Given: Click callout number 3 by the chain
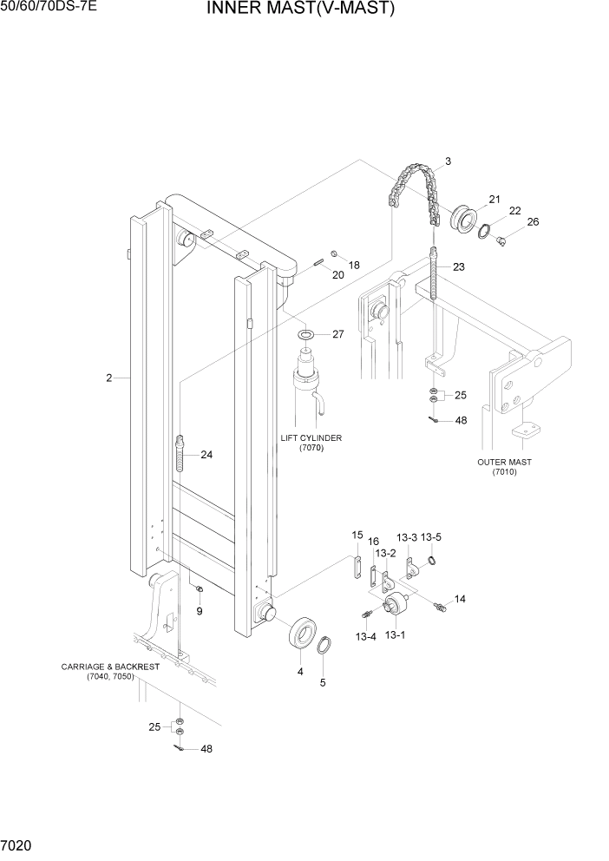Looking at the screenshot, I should point(448,161).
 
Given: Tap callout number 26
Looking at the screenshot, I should point(533,221).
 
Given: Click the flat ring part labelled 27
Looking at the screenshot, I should point(306,334).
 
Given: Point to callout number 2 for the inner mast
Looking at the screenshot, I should point(109,378).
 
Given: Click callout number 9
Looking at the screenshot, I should point(199,612).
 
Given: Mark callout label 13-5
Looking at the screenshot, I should point(431,538).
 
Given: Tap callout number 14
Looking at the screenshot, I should point(460,599).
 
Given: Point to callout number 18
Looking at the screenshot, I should point(354,264).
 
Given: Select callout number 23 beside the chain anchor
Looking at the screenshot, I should point(458,266).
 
